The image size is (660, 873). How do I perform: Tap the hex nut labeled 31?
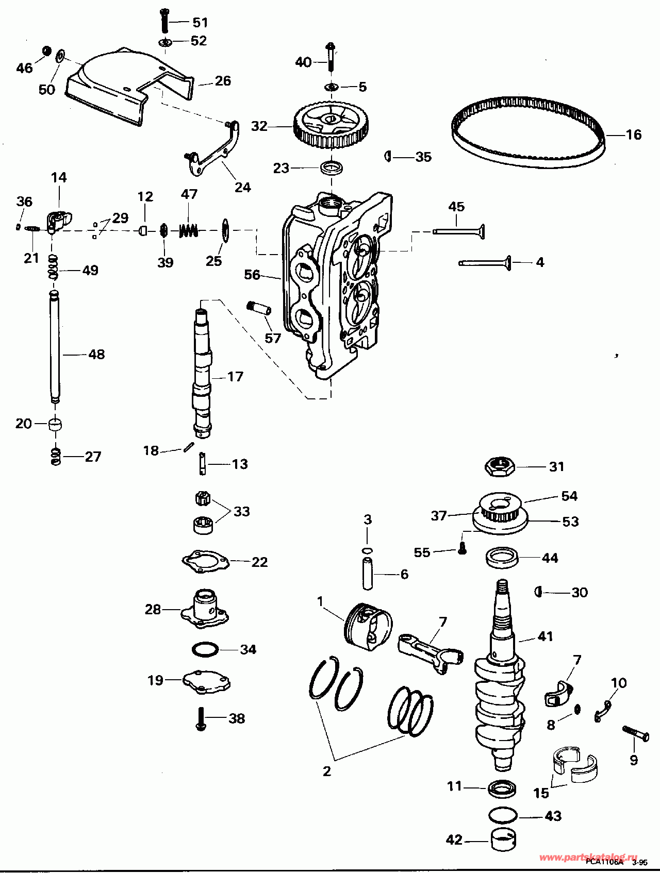(500, 467)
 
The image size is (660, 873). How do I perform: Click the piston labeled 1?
(367, 624)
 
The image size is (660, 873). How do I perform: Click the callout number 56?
(252, 275)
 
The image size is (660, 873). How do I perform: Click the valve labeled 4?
(485, 263)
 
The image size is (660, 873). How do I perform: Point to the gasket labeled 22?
(205, 561)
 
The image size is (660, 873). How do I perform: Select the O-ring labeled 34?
(205, 649)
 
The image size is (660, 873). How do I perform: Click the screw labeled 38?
(201, 718)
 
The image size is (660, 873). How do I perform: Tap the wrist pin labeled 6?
(367, 574)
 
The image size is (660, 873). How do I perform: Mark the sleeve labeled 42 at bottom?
(503, 840)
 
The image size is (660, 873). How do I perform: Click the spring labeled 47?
(189, 230)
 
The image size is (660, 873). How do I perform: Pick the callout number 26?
(223, 81)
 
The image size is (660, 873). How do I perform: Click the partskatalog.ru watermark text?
(588, 857)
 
